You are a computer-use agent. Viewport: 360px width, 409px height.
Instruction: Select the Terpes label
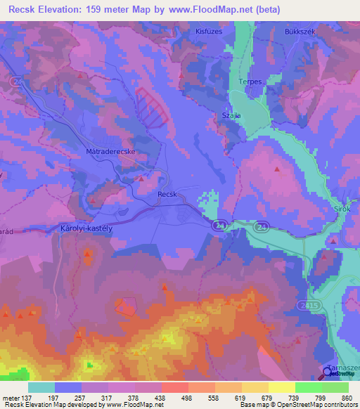point(250,82)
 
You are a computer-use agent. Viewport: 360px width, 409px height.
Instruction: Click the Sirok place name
point(340,209)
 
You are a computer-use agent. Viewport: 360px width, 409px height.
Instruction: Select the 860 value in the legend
point(347,397)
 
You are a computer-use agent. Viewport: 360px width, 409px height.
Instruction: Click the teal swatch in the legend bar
point(41,387)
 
